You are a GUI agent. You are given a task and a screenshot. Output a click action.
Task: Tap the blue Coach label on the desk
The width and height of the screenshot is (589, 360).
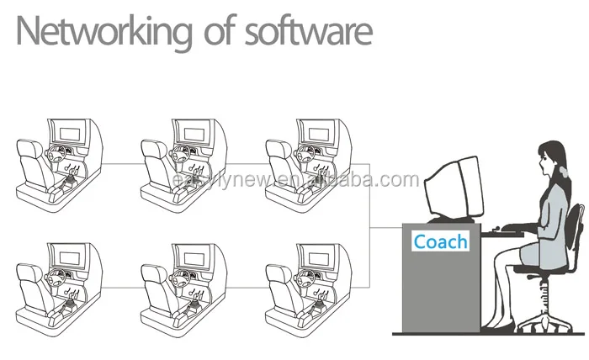pos(440,241)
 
